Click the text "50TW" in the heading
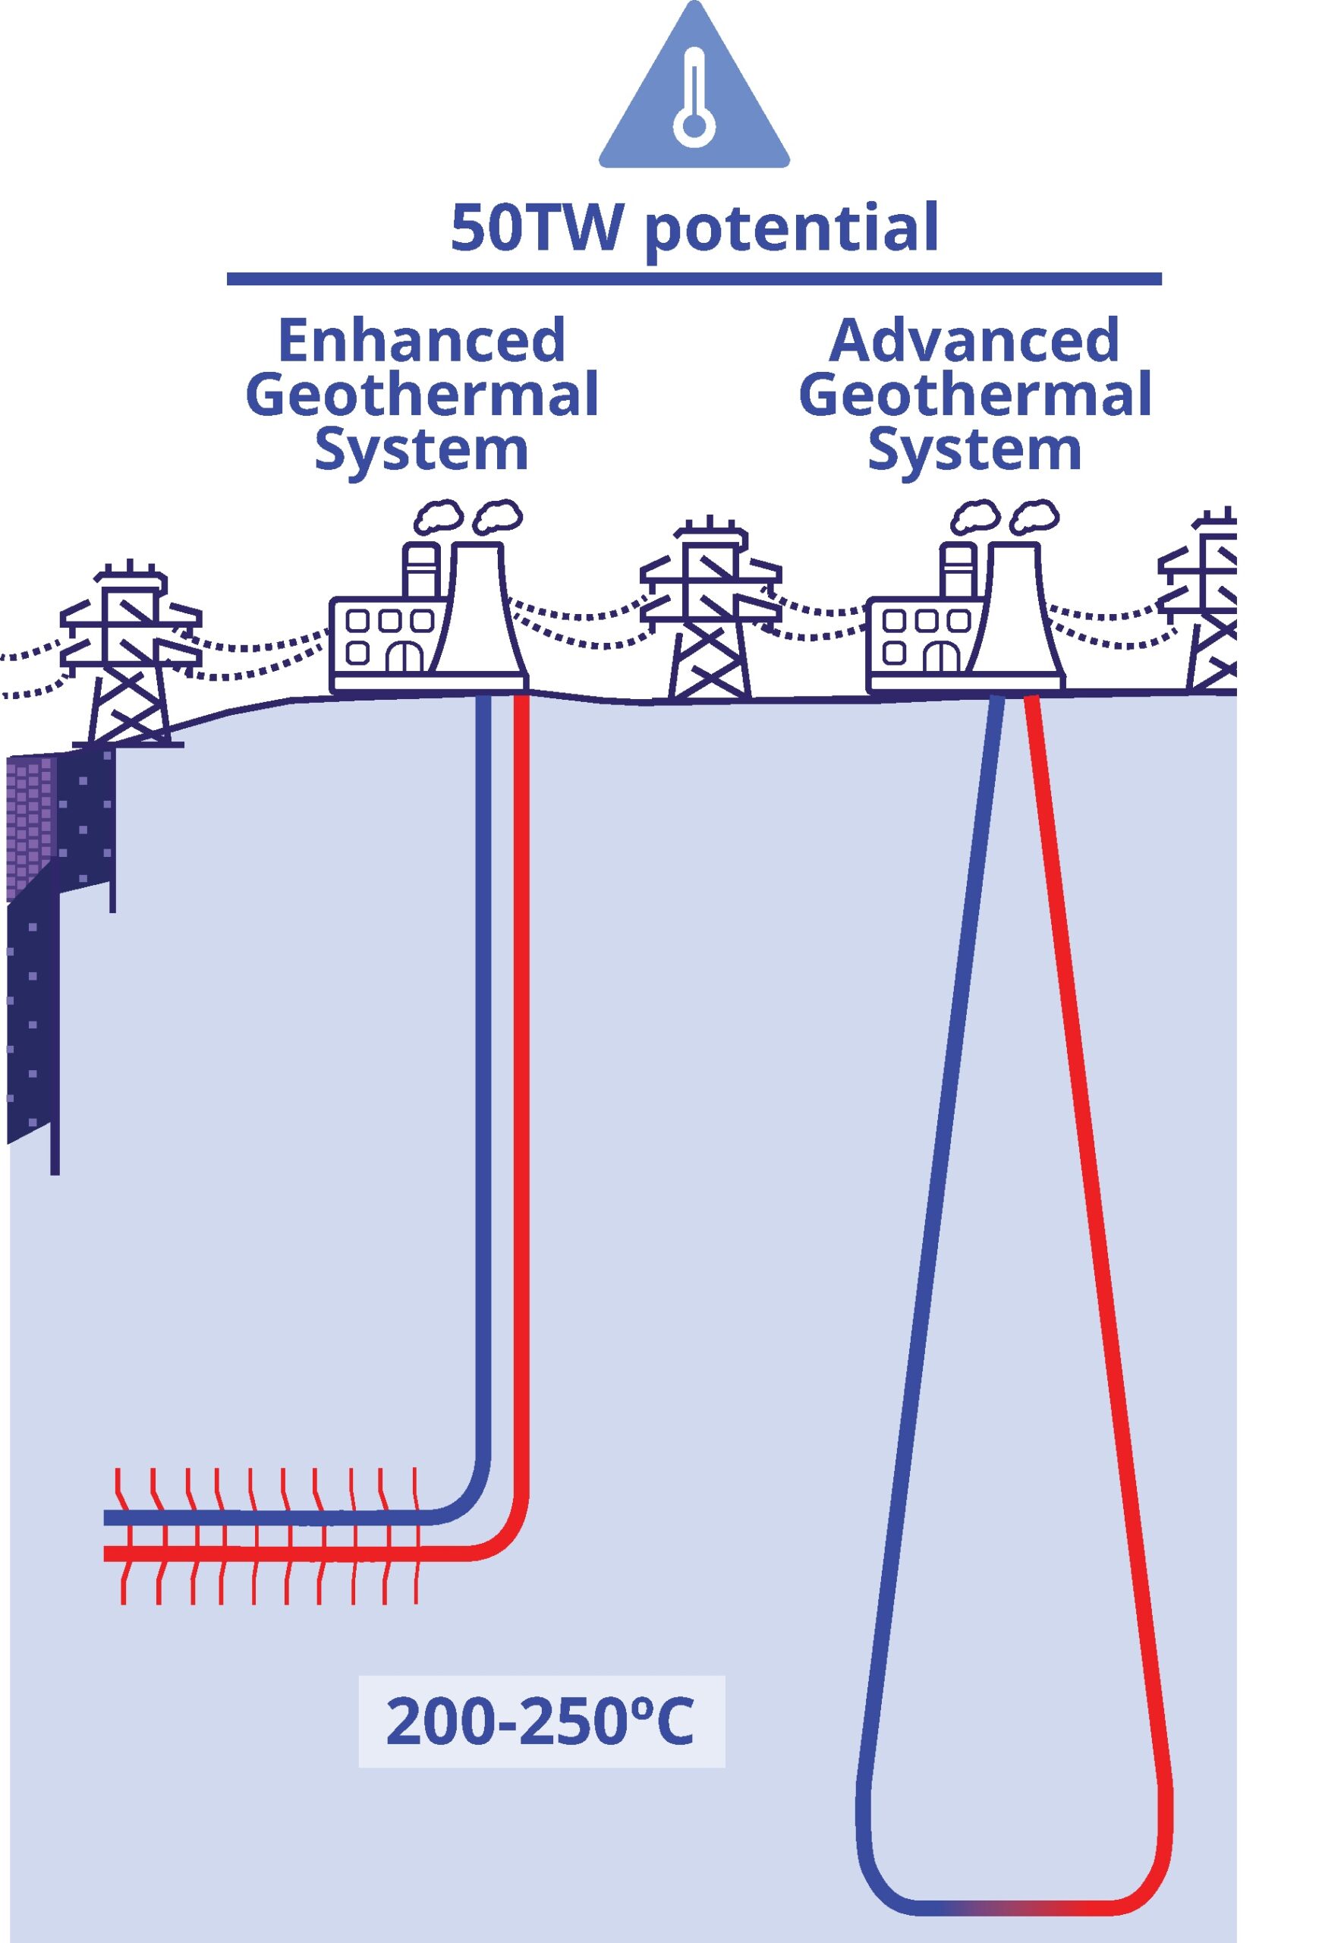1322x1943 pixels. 535,228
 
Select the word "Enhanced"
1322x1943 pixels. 421,340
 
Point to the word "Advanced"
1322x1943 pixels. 974,340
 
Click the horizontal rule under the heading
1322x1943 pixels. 694,279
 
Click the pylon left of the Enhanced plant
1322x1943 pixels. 130,657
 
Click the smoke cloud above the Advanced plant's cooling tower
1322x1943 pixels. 1034,516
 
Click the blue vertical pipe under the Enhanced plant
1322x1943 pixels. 483,1087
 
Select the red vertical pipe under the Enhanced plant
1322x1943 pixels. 521,1087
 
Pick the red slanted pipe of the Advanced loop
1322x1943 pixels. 1095,1254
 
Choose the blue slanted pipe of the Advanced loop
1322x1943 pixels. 936,1254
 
